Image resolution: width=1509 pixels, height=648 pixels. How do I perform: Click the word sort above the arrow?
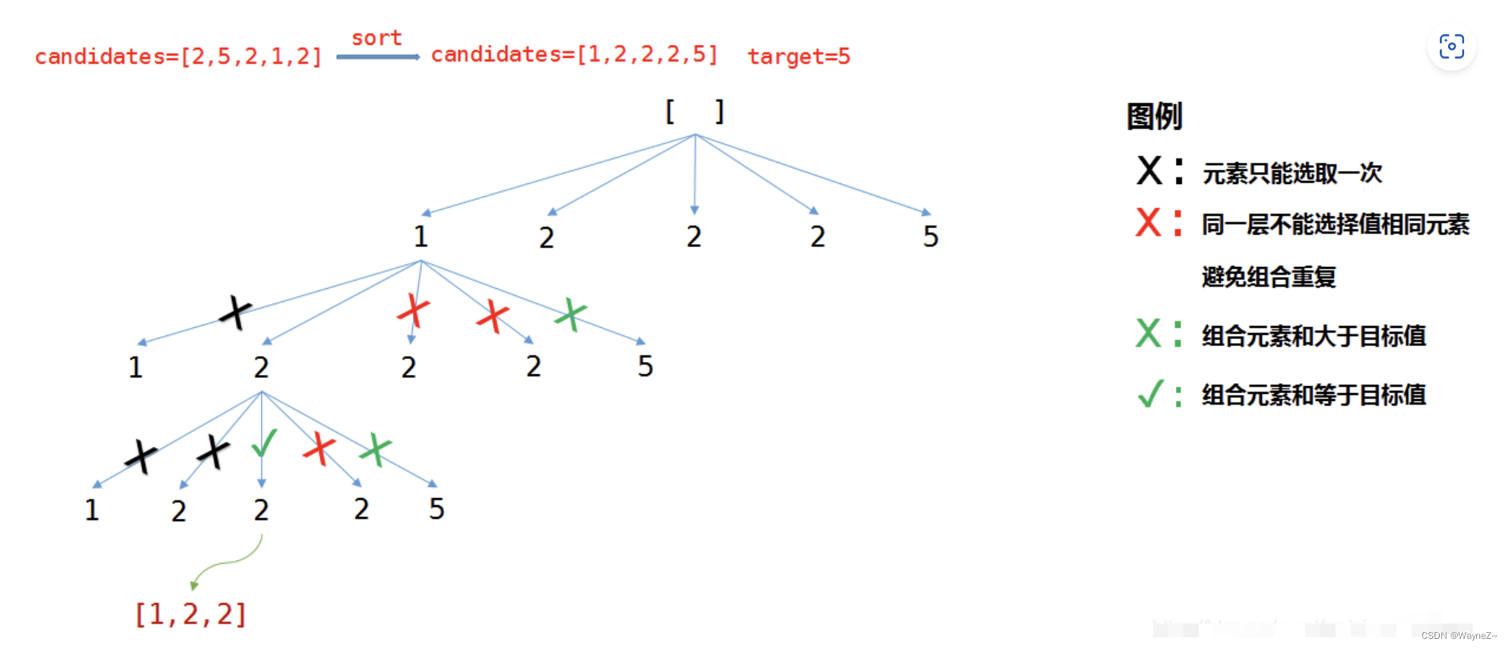click(x=376, y=38)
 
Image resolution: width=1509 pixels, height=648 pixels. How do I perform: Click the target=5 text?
click(x=799, y=56)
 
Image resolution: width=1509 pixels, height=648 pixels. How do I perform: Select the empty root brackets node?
click(x=694, y=112)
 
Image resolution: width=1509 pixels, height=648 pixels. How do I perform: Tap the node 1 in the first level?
click(x=421, y=237)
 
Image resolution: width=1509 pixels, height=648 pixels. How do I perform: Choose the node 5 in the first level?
click(x=930, y=237)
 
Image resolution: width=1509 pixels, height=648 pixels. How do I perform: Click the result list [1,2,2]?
click(x=191, y=614)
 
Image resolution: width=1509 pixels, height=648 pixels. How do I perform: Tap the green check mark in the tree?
click(x=264, y=443)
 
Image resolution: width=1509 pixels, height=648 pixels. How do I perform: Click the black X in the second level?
click(x=236, y=312)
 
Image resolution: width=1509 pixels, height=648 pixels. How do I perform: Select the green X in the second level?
click(x=570, y=314)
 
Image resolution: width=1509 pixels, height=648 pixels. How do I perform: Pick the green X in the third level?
click(x=375, y=449)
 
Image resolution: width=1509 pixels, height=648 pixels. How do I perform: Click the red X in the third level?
click(x=319, y=449)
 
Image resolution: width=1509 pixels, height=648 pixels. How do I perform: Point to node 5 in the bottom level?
click(x=436, y=509)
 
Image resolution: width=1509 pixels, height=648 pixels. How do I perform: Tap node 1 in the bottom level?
click(x=92, y=510)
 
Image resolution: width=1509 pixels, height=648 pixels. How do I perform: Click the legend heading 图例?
click(x=1154, y=116)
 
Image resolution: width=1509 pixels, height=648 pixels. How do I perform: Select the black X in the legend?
click(x=1149, y=170)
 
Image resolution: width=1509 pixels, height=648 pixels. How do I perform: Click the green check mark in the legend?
click(x=1150, y=394)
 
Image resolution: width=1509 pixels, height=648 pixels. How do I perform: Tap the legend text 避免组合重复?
click(x=1269, y=277)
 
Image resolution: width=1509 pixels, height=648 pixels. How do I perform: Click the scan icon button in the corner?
click(x=1451, y=46)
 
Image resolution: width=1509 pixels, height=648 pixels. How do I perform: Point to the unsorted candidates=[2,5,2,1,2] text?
click(x=179, y=56)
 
